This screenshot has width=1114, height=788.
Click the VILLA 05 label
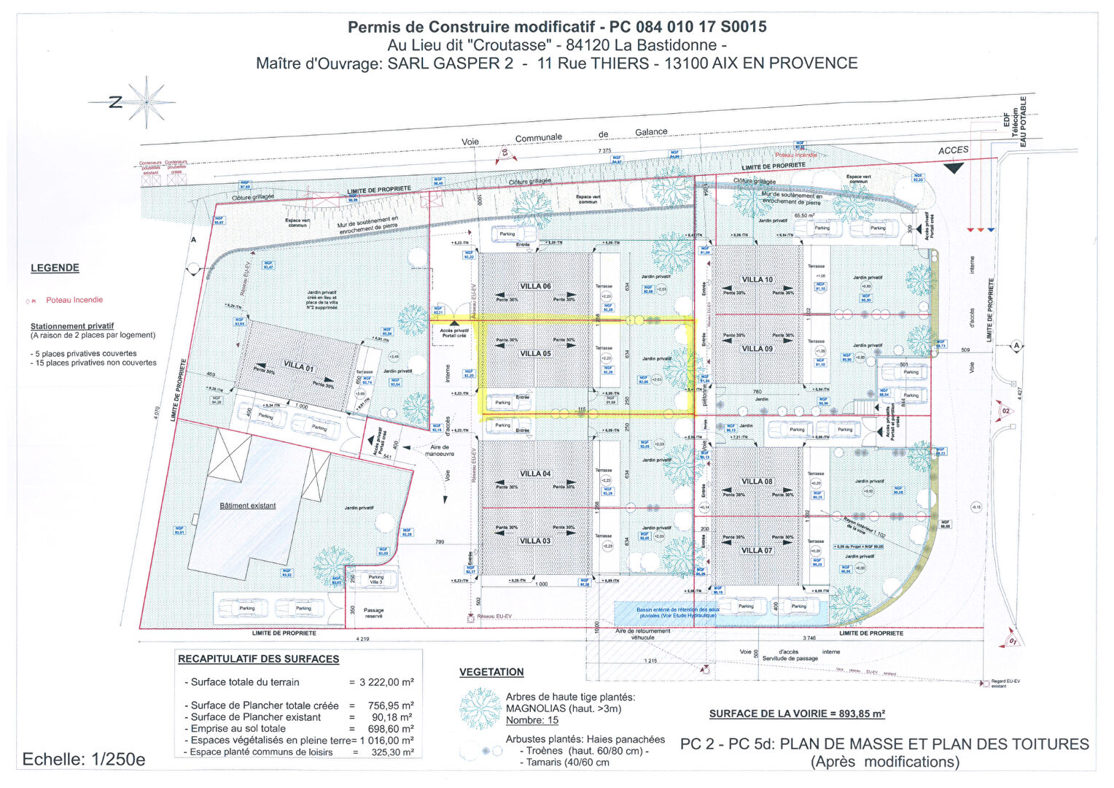535,354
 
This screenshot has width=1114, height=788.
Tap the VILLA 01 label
298,366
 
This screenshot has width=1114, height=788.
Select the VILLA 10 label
757,279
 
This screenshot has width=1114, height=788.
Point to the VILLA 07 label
757,550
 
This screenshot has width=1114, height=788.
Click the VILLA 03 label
535,541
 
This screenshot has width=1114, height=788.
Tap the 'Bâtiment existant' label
248,506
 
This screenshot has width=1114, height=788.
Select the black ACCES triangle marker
954,168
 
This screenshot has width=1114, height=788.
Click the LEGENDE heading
55,268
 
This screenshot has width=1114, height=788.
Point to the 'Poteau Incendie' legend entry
74,300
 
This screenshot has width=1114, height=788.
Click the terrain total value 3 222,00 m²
386,682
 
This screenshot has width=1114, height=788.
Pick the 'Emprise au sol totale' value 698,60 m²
392,729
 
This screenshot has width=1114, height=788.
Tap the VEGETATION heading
491,672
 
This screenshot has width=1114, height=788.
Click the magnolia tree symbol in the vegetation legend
480,708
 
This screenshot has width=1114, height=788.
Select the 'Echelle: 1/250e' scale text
84,760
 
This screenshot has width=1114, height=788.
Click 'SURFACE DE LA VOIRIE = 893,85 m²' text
797,714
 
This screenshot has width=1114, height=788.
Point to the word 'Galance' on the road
651,132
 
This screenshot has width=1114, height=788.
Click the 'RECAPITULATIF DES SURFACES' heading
259,659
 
